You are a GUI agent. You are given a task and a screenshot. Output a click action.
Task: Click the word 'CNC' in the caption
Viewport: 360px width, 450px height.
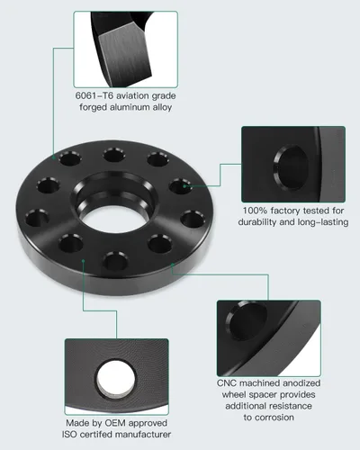pos(227,383)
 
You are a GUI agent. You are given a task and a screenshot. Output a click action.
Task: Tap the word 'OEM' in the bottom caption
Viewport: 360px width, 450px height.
pos(115,423)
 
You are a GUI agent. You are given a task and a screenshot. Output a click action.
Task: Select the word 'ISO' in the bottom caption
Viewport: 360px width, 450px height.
pos(69,434)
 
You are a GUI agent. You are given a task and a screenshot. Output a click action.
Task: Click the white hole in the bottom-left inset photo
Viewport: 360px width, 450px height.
pos(116,379)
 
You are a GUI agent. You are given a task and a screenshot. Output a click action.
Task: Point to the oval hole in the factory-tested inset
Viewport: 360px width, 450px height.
pos(291,167)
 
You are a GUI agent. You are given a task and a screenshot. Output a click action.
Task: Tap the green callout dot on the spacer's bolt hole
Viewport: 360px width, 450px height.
pos(184,186)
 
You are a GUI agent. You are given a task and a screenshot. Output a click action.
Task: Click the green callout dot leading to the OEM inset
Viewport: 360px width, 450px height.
pos(83,261)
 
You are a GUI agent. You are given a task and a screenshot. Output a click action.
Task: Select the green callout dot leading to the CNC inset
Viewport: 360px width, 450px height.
pos(172,265)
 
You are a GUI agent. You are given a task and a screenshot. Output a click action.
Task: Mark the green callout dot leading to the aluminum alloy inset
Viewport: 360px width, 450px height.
pos(54,157)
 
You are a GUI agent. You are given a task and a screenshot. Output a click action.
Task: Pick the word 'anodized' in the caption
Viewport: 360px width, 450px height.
pos(301,383)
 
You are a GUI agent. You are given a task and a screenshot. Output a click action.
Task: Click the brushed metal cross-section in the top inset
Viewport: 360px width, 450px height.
pos(124,57)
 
